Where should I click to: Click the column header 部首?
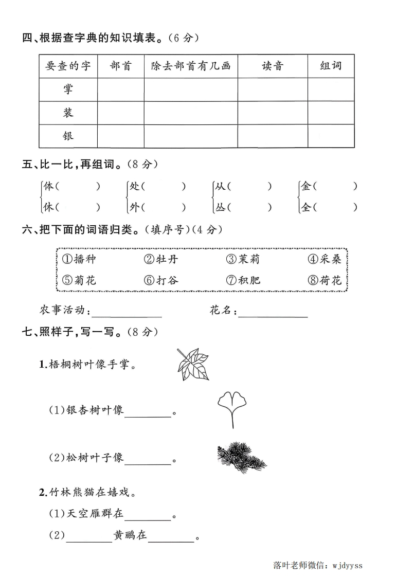pos(121,66)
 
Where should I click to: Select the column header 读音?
pos(273,66)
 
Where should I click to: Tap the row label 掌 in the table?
pos(68,89)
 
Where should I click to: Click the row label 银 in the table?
pos(68,136)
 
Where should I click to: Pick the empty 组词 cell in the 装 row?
pos(331,113)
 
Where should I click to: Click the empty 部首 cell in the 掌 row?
pos(121,89)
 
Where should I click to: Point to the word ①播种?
pos(79,259)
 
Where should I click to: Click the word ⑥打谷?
pos(161,281)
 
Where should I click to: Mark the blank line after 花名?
pos(273,312)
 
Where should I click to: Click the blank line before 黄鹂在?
pos(89,536)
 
